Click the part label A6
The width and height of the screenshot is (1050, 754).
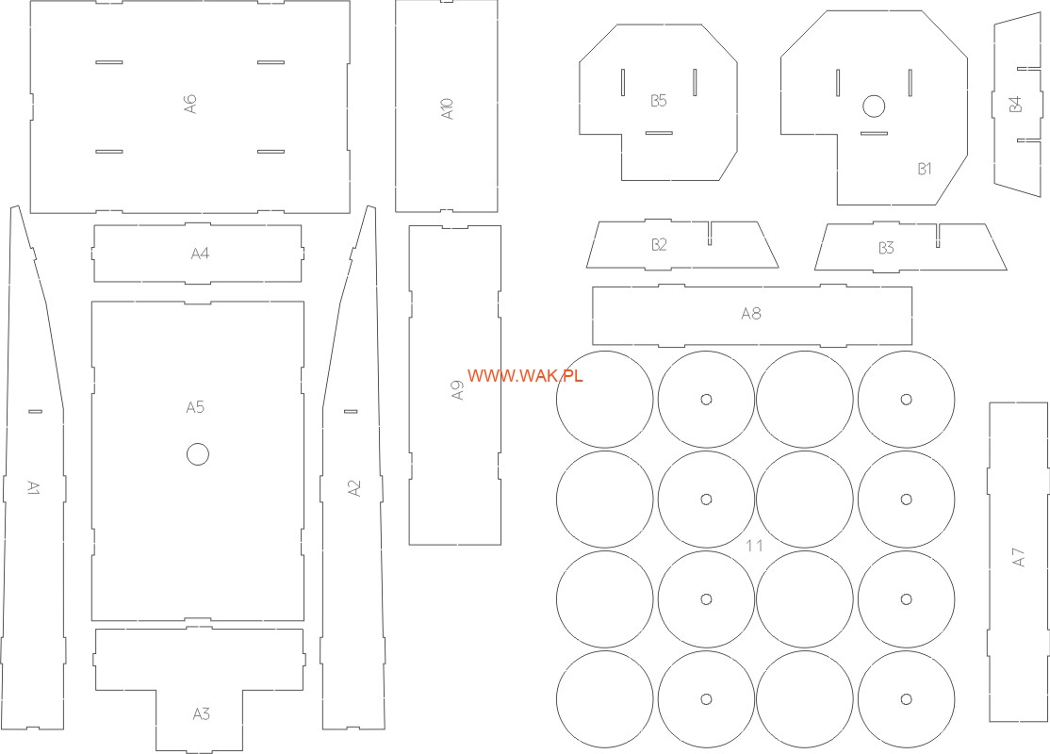[190, 104]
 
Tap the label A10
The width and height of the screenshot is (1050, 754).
[447, 108]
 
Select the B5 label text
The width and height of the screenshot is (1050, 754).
[658, 101]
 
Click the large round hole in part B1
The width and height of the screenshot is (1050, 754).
[873, 106]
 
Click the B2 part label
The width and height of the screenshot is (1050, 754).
[659, 244]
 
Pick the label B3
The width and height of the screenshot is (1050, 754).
[886, 248]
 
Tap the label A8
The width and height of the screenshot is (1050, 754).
[750, 314]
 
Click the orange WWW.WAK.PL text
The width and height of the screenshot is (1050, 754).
[525, 376]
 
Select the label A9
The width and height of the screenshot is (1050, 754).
[457, 390]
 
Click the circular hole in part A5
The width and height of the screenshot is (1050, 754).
[198, 454]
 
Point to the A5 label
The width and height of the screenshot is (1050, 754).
[195, 407]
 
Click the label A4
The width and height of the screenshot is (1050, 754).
[200, 254]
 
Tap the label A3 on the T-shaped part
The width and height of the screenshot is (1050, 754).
[201, 713]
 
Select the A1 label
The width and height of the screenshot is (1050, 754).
[34, 487]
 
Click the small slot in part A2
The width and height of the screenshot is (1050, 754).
[351, 411]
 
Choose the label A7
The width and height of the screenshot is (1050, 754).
[1018, 557]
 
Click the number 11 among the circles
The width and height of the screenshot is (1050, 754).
[754, 546]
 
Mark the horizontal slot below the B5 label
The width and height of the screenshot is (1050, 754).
[659, 133]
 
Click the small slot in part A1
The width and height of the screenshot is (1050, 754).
[35, 411]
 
